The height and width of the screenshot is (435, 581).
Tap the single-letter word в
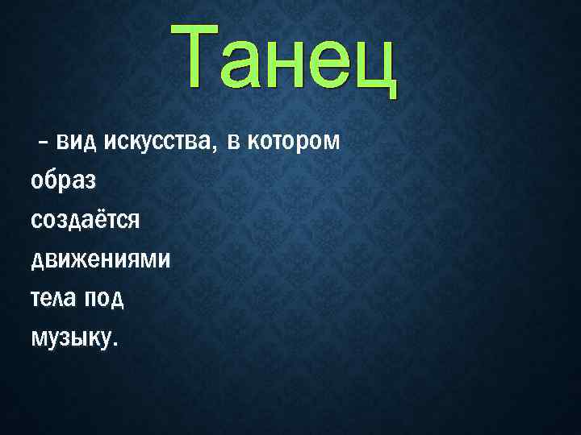click(233, 143)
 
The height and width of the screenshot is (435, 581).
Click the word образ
click(63, 180)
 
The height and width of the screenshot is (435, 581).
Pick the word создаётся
click(86, 219)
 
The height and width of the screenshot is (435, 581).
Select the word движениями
click(100, 259)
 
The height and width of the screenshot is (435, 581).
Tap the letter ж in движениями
click(78, 259)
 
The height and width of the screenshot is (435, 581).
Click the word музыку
click(71, 338)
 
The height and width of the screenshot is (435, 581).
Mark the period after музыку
click(115, 344)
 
